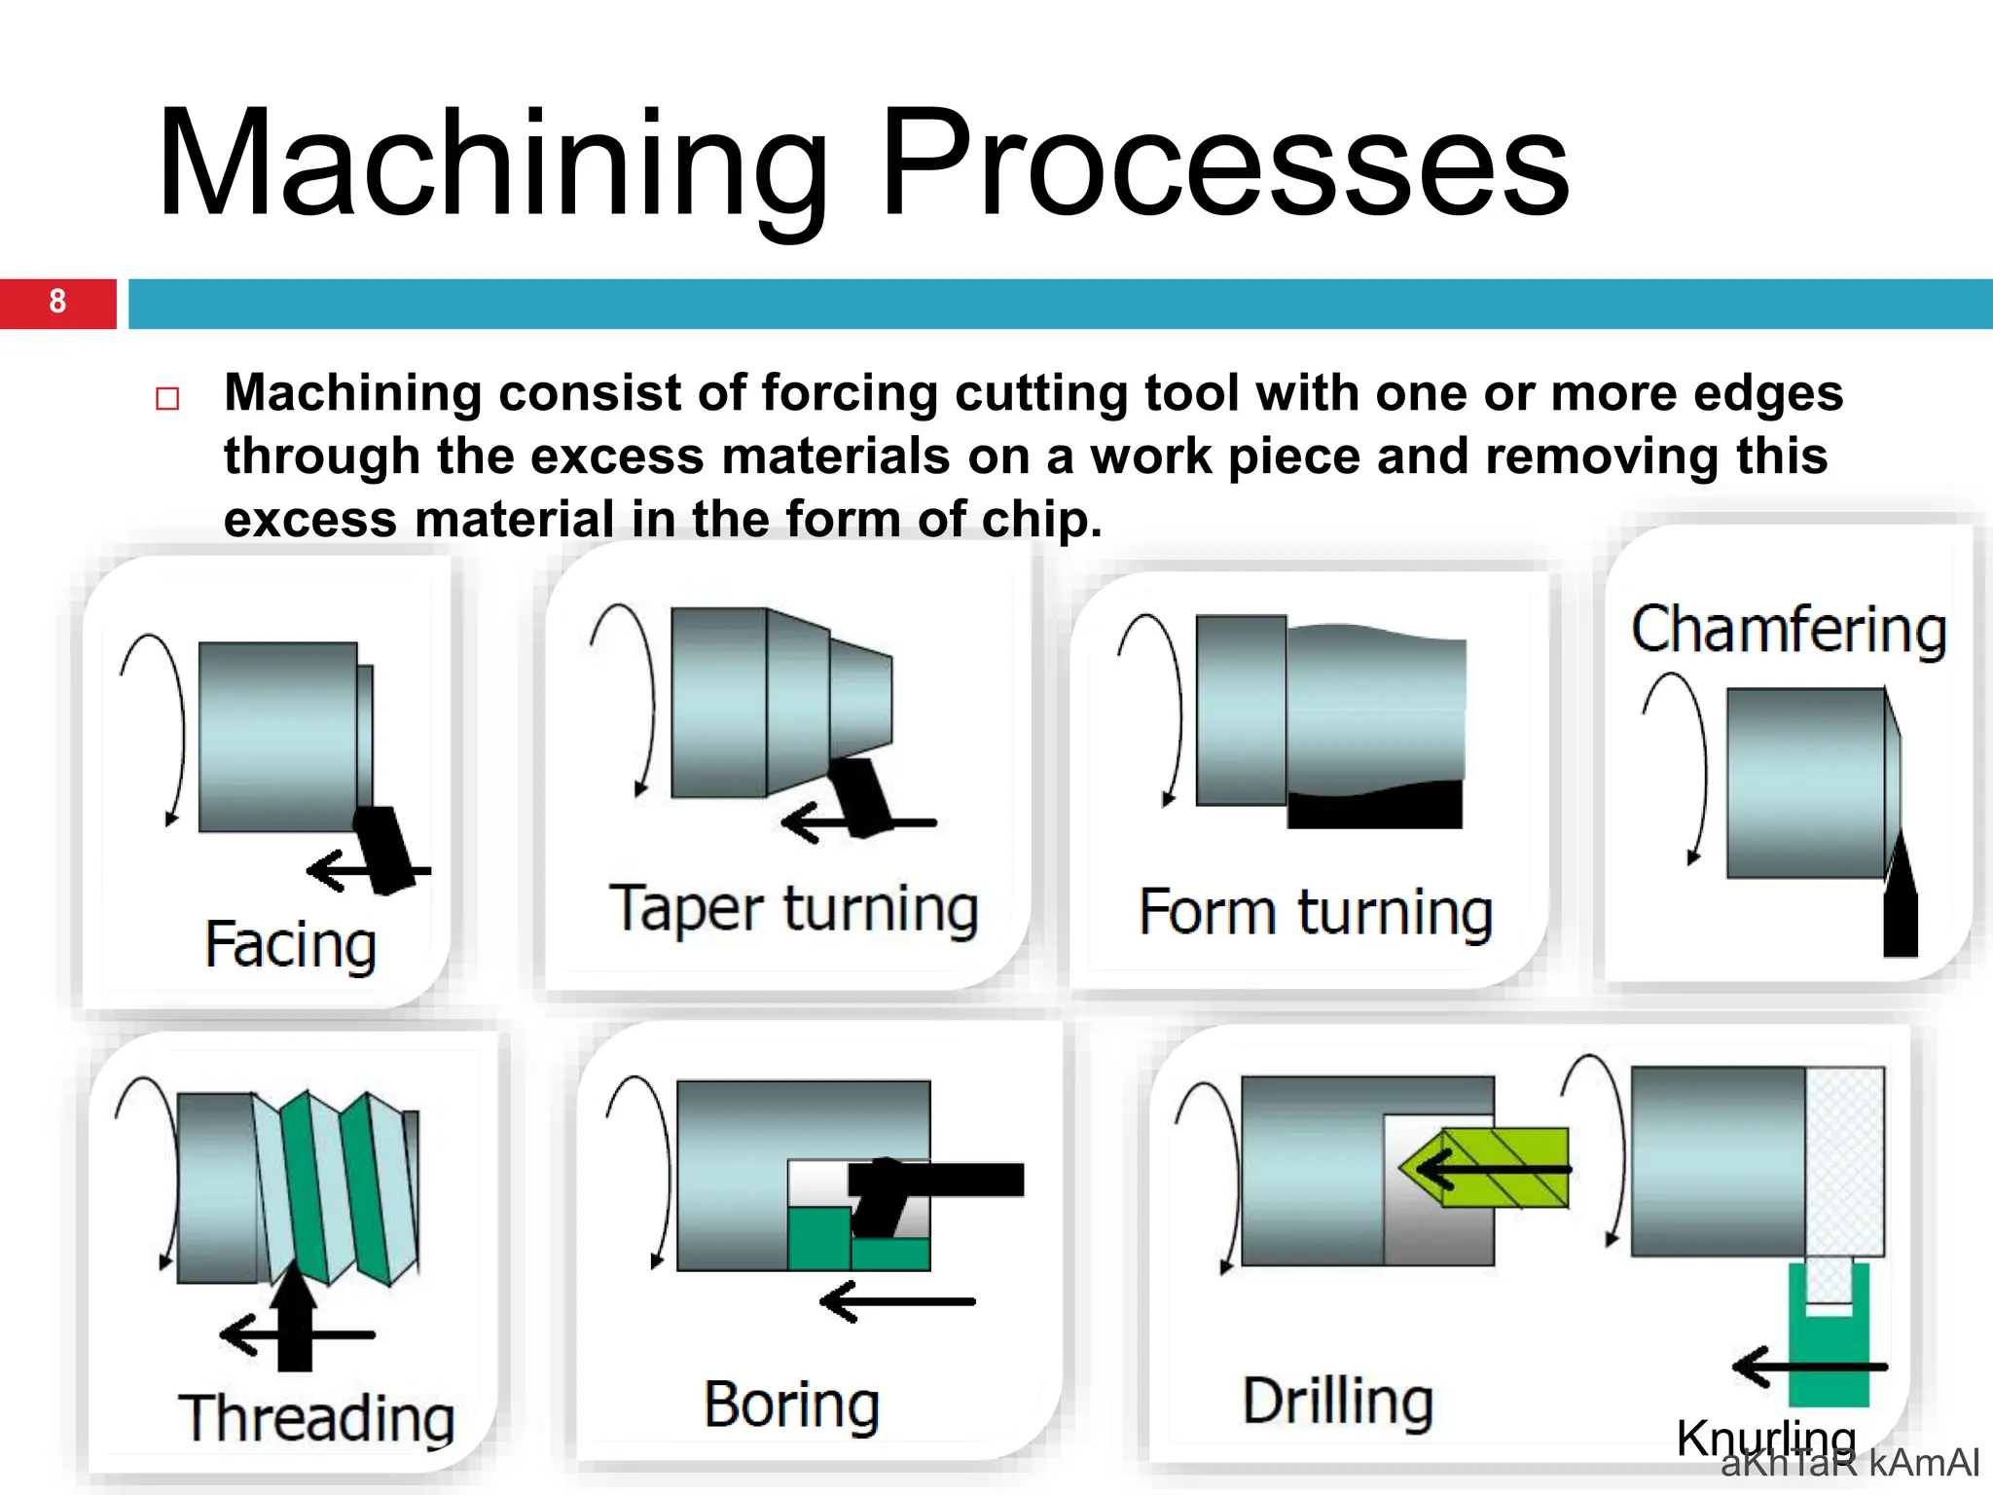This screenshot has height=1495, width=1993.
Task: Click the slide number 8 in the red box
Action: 57,302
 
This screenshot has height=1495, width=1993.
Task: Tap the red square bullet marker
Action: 167,399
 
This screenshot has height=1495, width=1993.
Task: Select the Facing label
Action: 290,944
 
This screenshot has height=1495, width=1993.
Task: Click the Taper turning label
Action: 793,909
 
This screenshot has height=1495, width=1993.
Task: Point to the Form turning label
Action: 1316,913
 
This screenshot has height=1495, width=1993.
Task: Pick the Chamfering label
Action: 1789,630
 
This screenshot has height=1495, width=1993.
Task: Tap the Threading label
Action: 316,1418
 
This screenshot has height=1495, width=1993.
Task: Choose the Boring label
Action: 792,1404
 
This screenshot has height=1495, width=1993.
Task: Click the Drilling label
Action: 1338,1402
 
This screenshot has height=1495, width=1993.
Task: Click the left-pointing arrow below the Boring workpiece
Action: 895,1301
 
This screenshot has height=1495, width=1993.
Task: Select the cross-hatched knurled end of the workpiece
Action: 1845,1161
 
